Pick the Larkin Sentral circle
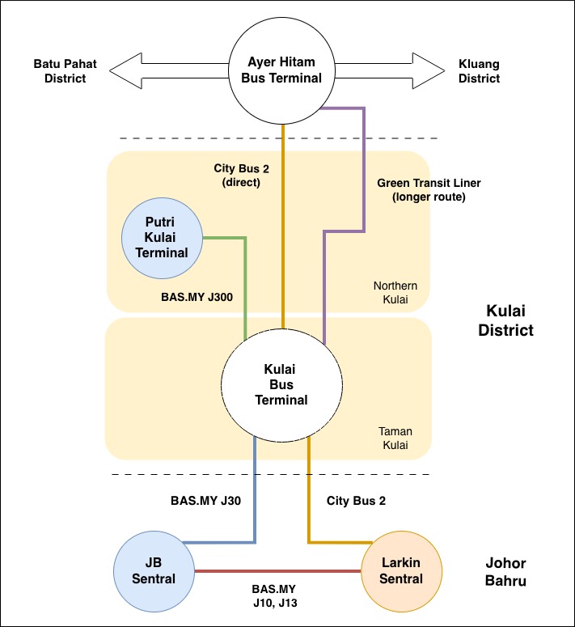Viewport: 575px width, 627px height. tap(401, 570)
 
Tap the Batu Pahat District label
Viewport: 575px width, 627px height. tap(60, 71)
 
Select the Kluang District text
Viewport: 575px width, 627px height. tap(480, 71)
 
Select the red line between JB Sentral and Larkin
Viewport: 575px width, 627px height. tap(280, 571)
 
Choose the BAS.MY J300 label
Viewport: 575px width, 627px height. tap(197, 297)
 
